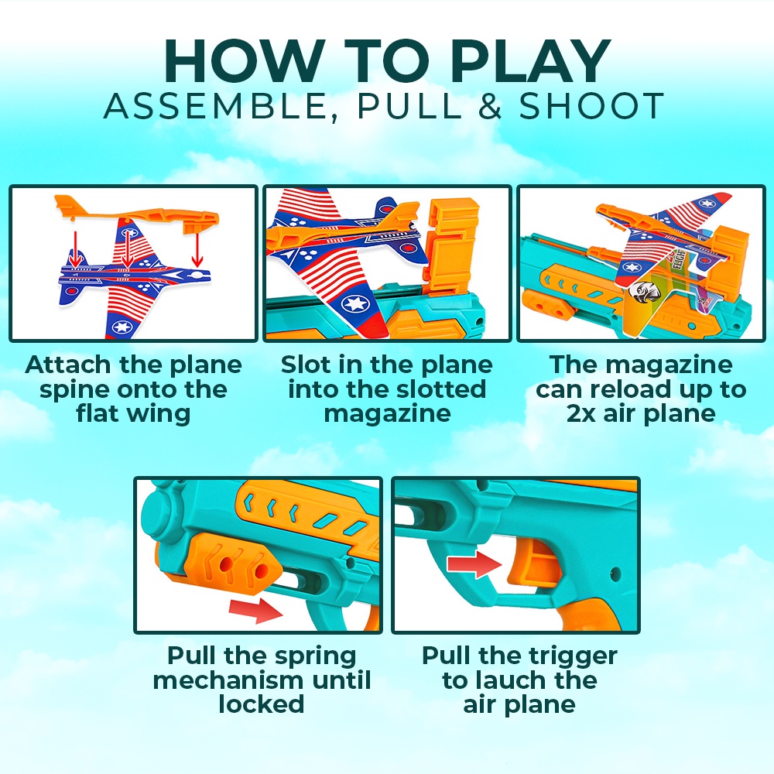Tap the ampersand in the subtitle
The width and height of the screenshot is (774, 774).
click(490, 105)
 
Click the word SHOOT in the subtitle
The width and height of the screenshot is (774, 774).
click(591, 105)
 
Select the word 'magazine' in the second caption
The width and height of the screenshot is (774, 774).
click(388, 413)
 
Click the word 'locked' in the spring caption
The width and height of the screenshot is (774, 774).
click(261, 704)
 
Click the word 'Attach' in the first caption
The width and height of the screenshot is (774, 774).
click(67, 365)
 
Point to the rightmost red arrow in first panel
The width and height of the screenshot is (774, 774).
click(197, 249)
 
